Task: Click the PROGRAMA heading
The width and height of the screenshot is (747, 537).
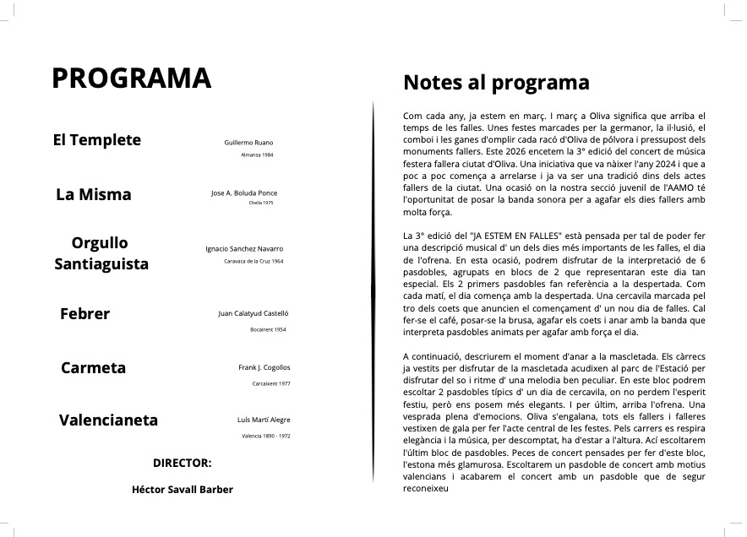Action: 131,78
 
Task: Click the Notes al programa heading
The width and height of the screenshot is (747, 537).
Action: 496,83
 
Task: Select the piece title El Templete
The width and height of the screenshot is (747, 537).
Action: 97,140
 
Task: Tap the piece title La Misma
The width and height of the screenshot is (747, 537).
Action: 94,195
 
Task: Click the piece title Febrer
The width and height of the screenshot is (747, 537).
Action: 85,314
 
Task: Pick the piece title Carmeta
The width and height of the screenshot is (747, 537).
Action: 93,368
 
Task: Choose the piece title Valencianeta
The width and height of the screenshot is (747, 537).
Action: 108,420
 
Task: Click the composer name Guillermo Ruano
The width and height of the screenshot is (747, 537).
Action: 248,143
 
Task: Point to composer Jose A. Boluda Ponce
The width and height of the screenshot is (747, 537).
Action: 243,193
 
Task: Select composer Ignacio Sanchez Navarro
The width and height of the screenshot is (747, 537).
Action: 244,248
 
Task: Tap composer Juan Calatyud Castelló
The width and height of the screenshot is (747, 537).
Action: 254,313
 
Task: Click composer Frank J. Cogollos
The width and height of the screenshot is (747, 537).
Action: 264,367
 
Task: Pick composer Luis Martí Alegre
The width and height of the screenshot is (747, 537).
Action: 264,420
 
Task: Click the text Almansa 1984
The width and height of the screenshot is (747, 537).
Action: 257,155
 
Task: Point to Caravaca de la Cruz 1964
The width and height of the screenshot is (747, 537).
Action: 253,262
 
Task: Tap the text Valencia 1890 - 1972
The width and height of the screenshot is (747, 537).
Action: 265,436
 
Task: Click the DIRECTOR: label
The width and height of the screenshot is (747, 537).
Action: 182,464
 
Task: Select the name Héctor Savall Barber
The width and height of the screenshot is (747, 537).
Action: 183,490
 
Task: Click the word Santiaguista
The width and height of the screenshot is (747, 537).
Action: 101,264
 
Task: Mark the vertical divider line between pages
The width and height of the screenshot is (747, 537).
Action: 373,296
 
